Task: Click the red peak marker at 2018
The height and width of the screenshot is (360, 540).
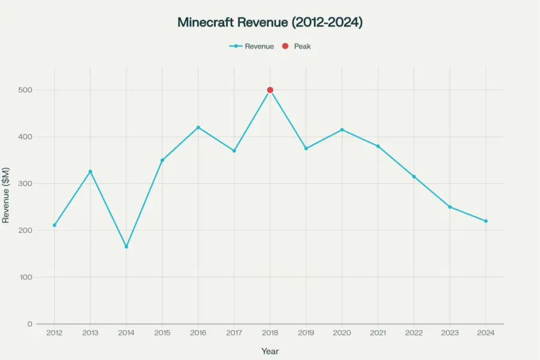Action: [x=270, y=90]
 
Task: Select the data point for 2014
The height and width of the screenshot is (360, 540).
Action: [x=126, y=247]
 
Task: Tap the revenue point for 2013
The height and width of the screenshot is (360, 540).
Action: [x=90, y=171]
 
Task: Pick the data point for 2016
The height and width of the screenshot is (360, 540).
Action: [x=198, y=127]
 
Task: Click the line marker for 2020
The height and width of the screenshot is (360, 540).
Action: [x=342, y=129]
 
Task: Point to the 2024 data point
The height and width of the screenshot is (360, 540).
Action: [x=485, y=221]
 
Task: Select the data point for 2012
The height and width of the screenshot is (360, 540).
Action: [x=55, y=225]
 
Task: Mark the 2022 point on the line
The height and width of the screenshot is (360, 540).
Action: [x=414, y=177]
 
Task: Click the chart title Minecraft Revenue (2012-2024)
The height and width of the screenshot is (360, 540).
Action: [x=270, y=23]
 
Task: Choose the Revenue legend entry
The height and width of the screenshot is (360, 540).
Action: [x=252, y=46]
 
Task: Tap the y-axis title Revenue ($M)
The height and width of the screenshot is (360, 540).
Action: [x=6, y=196]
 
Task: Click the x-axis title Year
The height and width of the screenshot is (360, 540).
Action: [x=270, y=351]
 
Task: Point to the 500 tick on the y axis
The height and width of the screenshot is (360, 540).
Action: [x=25, y=90]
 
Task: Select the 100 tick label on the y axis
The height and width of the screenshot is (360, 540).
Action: [x=25, y=277]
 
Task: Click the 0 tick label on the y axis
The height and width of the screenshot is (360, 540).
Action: [x=29, y=324]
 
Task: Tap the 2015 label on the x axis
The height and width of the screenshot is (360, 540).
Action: [x=162, y=333]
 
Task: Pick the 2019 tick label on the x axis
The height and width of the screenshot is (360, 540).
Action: [x=306, y=333]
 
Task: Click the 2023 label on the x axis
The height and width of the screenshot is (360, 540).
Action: [x=450, y=333]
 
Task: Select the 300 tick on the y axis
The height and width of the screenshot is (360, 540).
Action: [x=25, y=184]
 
